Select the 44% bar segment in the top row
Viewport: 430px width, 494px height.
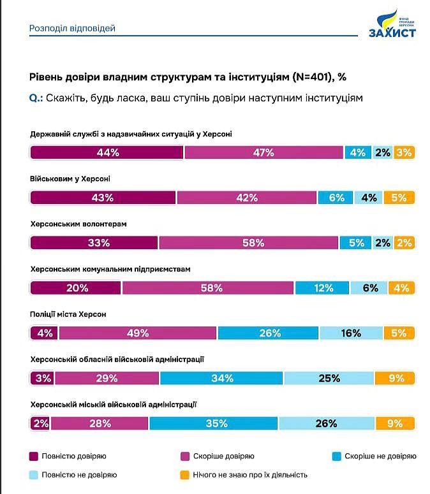[107, 152]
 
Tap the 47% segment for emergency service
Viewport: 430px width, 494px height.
[263, 152]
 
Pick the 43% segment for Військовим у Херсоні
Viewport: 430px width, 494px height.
[102, 198]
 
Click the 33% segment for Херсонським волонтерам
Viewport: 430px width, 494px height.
[94, 243]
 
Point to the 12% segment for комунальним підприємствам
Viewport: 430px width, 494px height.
[323, 288]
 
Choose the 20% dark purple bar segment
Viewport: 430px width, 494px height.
[76, 288]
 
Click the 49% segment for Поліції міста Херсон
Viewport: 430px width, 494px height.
[137, 333]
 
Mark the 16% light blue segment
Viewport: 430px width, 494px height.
[351, 333]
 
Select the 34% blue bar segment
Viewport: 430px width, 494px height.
[221, 378]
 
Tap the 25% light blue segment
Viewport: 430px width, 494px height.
[329, 378]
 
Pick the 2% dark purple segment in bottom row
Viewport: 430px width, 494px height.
[40, 423]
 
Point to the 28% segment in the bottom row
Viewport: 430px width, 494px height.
[100, 423]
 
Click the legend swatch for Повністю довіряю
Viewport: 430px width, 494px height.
[34, 456]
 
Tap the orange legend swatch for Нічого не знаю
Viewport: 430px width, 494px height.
[185, 475]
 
